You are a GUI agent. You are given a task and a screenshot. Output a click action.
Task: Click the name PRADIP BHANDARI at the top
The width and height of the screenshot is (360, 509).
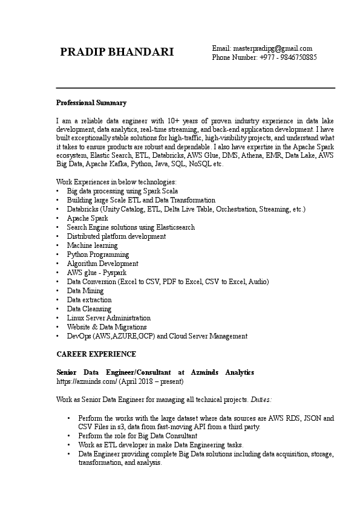pos(117,53)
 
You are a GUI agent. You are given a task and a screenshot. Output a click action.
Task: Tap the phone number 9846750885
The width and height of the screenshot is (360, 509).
pos(296,57)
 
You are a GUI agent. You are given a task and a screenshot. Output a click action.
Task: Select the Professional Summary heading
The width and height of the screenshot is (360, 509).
pos(91,103)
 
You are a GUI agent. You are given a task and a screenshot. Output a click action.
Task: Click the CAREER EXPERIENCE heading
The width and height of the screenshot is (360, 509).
pos(96,354)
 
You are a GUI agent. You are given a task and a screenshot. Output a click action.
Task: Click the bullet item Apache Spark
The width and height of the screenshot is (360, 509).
pos(87,218)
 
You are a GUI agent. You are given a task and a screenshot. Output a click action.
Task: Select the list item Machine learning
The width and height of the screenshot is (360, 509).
pos(92,245)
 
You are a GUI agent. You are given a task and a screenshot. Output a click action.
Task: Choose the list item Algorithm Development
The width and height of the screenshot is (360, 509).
pos(102,264)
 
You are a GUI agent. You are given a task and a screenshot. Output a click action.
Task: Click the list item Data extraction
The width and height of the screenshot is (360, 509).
pos(89,300)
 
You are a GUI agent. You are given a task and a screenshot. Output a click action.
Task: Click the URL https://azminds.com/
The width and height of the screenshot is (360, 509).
pos(87,381)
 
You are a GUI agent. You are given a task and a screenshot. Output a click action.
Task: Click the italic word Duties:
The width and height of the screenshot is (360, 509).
pos(261,400)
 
